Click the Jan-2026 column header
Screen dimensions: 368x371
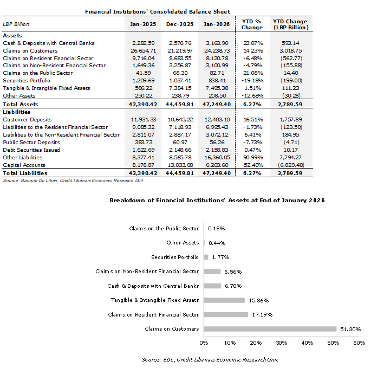pyautogui.click(x=217, y=24)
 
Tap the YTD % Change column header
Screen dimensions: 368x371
pyautogui.click(x=252, y=24)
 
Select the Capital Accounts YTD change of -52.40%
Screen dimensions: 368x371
pyautogui.click(x=252, y=165)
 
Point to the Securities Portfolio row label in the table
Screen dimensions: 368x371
pyautogui.click(x=27, y=81)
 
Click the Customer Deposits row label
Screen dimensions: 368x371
pyautogui.click(x=28, y=119)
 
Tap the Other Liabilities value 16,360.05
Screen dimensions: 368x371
pyautogui.click(x=217, y=157)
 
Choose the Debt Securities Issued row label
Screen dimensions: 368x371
pyautogui.click(x=30, y=150)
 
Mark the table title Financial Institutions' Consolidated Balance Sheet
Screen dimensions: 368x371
pyautogui.click(x=158, y=11)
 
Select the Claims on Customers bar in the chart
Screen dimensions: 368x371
pyautogui.click(x=270, y=328)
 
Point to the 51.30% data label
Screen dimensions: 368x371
pyautogui.click(x=350, y=329)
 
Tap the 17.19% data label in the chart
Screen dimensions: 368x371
pyautogui.click(x=262, y=314)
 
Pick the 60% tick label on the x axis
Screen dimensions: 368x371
pyautogui.click(x=359, y=343)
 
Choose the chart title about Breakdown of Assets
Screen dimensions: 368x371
pyautogui.click(x=217, y=201)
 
